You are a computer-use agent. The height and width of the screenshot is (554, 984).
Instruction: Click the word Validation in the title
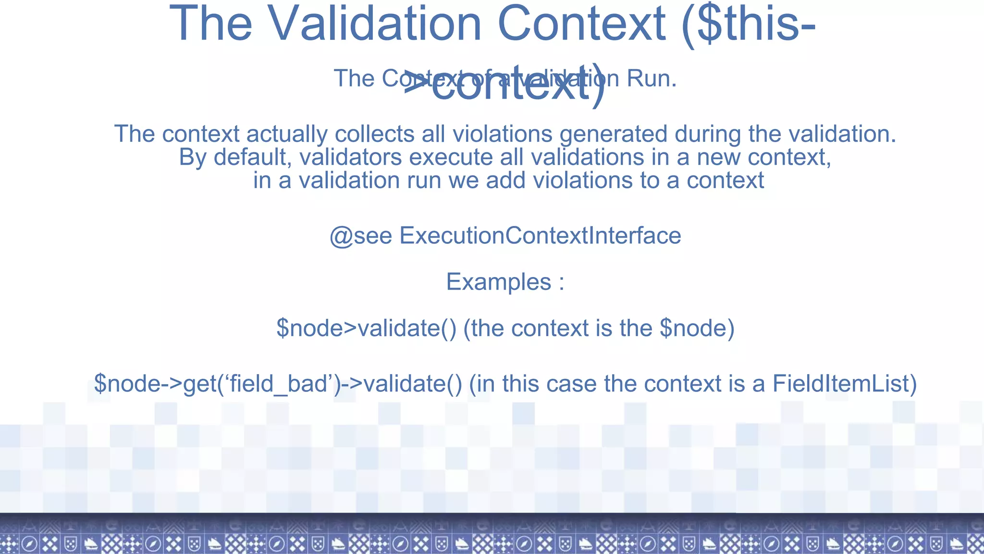(x=374, y=24)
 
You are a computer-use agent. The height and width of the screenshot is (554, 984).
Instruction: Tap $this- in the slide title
(x=749, y=24)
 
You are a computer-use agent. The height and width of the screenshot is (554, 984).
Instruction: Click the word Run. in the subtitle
(x=652, y=78)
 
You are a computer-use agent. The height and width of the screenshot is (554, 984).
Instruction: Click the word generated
(x=613, y=134)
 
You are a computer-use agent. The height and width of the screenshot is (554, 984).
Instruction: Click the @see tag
(x=360, y=236)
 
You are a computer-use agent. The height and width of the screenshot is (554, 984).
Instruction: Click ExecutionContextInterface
(x=540, y=236)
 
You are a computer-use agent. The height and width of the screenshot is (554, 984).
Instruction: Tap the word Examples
(x=498, y=282)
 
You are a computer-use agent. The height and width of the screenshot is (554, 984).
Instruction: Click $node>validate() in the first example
(x=366, y=328)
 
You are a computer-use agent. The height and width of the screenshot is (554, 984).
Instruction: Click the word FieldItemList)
(x=845, y=384)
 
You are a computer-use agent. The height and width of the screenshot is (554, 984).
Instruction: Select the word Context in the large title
(x=580, y=24)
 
